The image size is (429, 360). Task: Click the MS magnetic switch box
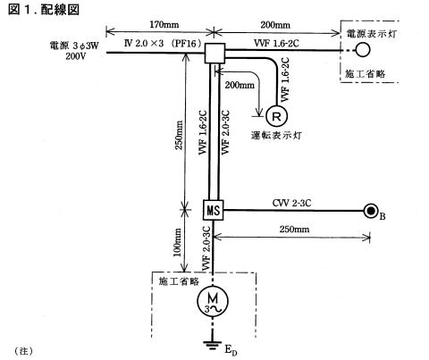pos(214,210)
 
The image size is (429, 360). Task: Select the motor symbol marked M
pos(213,301)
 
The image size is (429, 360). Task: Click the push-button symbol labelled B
pos(371,211)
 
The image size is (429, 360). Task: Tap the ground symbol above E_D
pos(213,345)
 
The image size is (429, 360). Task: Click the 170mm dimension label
pos(164,24)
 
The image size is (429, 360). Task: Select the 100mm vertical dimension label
pos(178,242)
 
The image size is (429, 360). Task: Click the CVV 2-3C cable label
pos(292,203)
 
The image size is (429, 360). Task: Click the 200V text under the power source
pos(76,56)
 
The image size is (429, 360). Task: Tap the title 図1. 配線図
pos(44,10)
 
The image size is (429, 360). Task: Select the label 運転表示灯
pos(276,136)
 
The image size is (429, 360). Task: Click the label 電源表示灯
pos(371,34)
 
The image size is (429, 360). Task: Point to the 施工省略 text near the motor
pos(179,281)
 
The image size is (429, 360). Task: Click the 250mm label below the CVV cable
pos(294,229)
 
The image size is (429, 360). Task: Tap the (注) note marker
pos(23,351)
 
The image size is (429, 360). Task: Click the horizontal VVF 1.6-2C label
pos(276,44)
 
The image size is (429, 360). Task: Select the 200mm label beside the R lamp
pos(240,85)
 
